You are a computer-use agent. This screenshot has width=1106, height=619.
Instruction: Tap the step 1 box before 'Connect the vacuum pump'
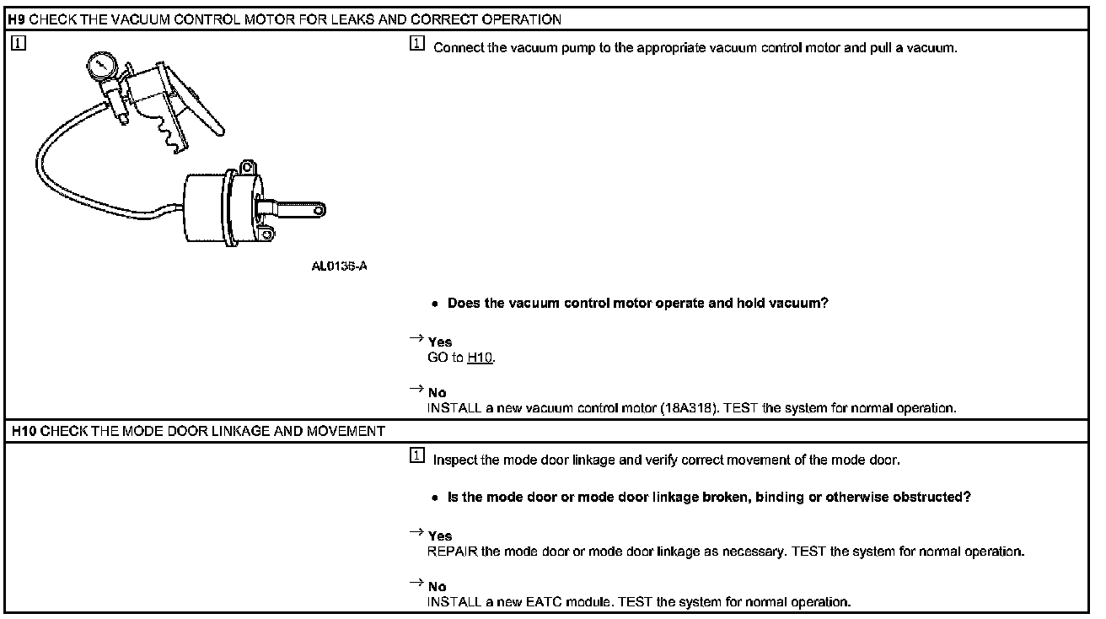coord(416,46)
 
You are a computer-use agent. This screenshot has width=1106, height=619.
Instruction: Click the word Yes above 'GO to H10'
coord(439,342)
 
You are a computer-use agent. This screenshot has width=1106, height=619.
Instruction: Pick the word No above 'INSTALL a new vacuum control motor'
coord(437,393)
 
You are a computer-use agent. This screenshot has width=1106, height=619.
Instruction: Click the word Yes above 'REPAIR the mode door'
coord(439,536)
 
